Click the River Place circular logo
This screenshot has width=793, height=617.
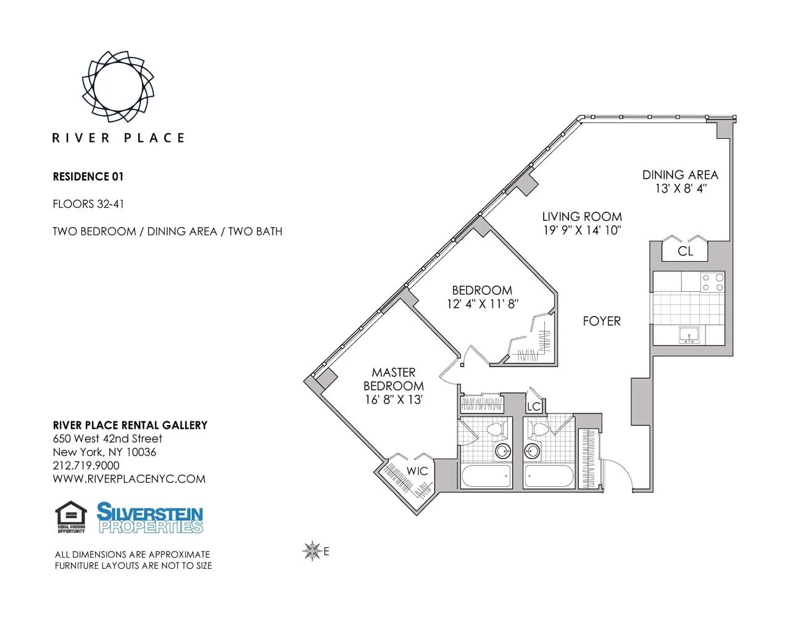118,86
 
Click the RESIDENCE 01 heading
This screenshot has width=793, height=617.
88,176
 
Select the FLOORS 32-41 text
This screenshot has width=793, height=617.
88,204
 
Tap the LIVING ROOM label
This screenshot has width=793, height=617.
581,217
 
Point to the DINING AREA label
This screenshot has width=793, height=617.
680,175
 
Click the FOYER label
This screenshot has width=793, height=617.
602,321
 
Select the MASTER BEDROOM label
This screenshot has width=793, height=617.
394,379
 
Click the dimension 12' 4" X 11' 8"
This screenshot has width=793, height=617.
483,304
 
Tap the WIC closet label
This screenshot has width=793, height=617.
417,471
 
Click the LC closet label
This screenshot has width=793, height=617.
533,406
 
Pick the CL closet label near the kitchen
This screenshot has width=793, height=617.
685,251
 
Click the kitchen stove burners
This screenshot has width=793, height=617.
713,283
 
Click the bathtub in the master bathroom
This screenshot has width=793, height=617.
486,476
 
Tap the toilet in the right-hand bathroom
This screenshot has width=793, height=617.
540,429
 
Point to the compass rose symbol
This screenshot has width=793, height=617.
312,551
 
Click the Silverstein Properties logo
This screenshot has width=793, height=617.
150,518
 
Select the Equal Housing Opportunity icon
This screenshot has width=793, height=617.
71,517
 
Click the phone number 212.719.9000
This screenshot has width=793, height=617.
86,465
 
